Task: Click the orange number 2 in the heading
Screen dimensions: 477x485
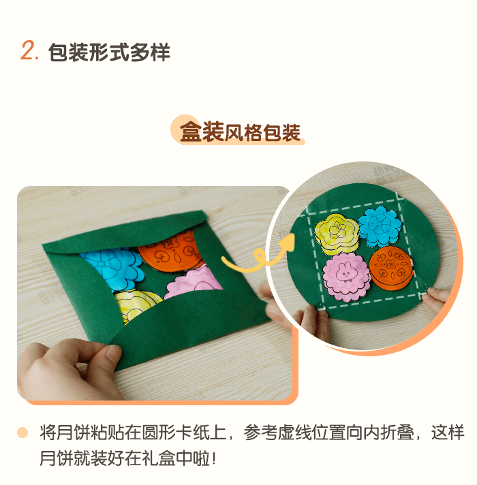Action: (x=28, y=50)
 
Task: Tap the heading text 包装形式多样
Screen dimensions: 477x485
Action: (x=109, y=52)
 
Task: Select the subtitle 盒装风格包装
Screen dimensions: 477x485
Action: (x=241, y=132)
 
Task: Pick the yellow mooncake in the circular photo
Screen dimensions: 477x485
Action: (x=337, y=234)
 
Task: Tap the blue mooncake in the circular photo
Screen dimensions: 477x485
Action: (x=380, y=227)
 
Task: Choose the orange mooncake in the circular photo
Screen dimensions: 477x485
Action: (x=390, y=268)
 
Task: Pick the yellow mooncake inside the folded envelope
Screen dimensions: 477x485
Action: (x=136, y=304)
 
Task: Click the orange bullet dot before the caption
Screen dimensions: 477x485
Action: (x=22, y=433)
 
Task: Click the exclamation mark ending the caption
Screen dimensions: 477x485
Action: (x=213, y=458)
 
